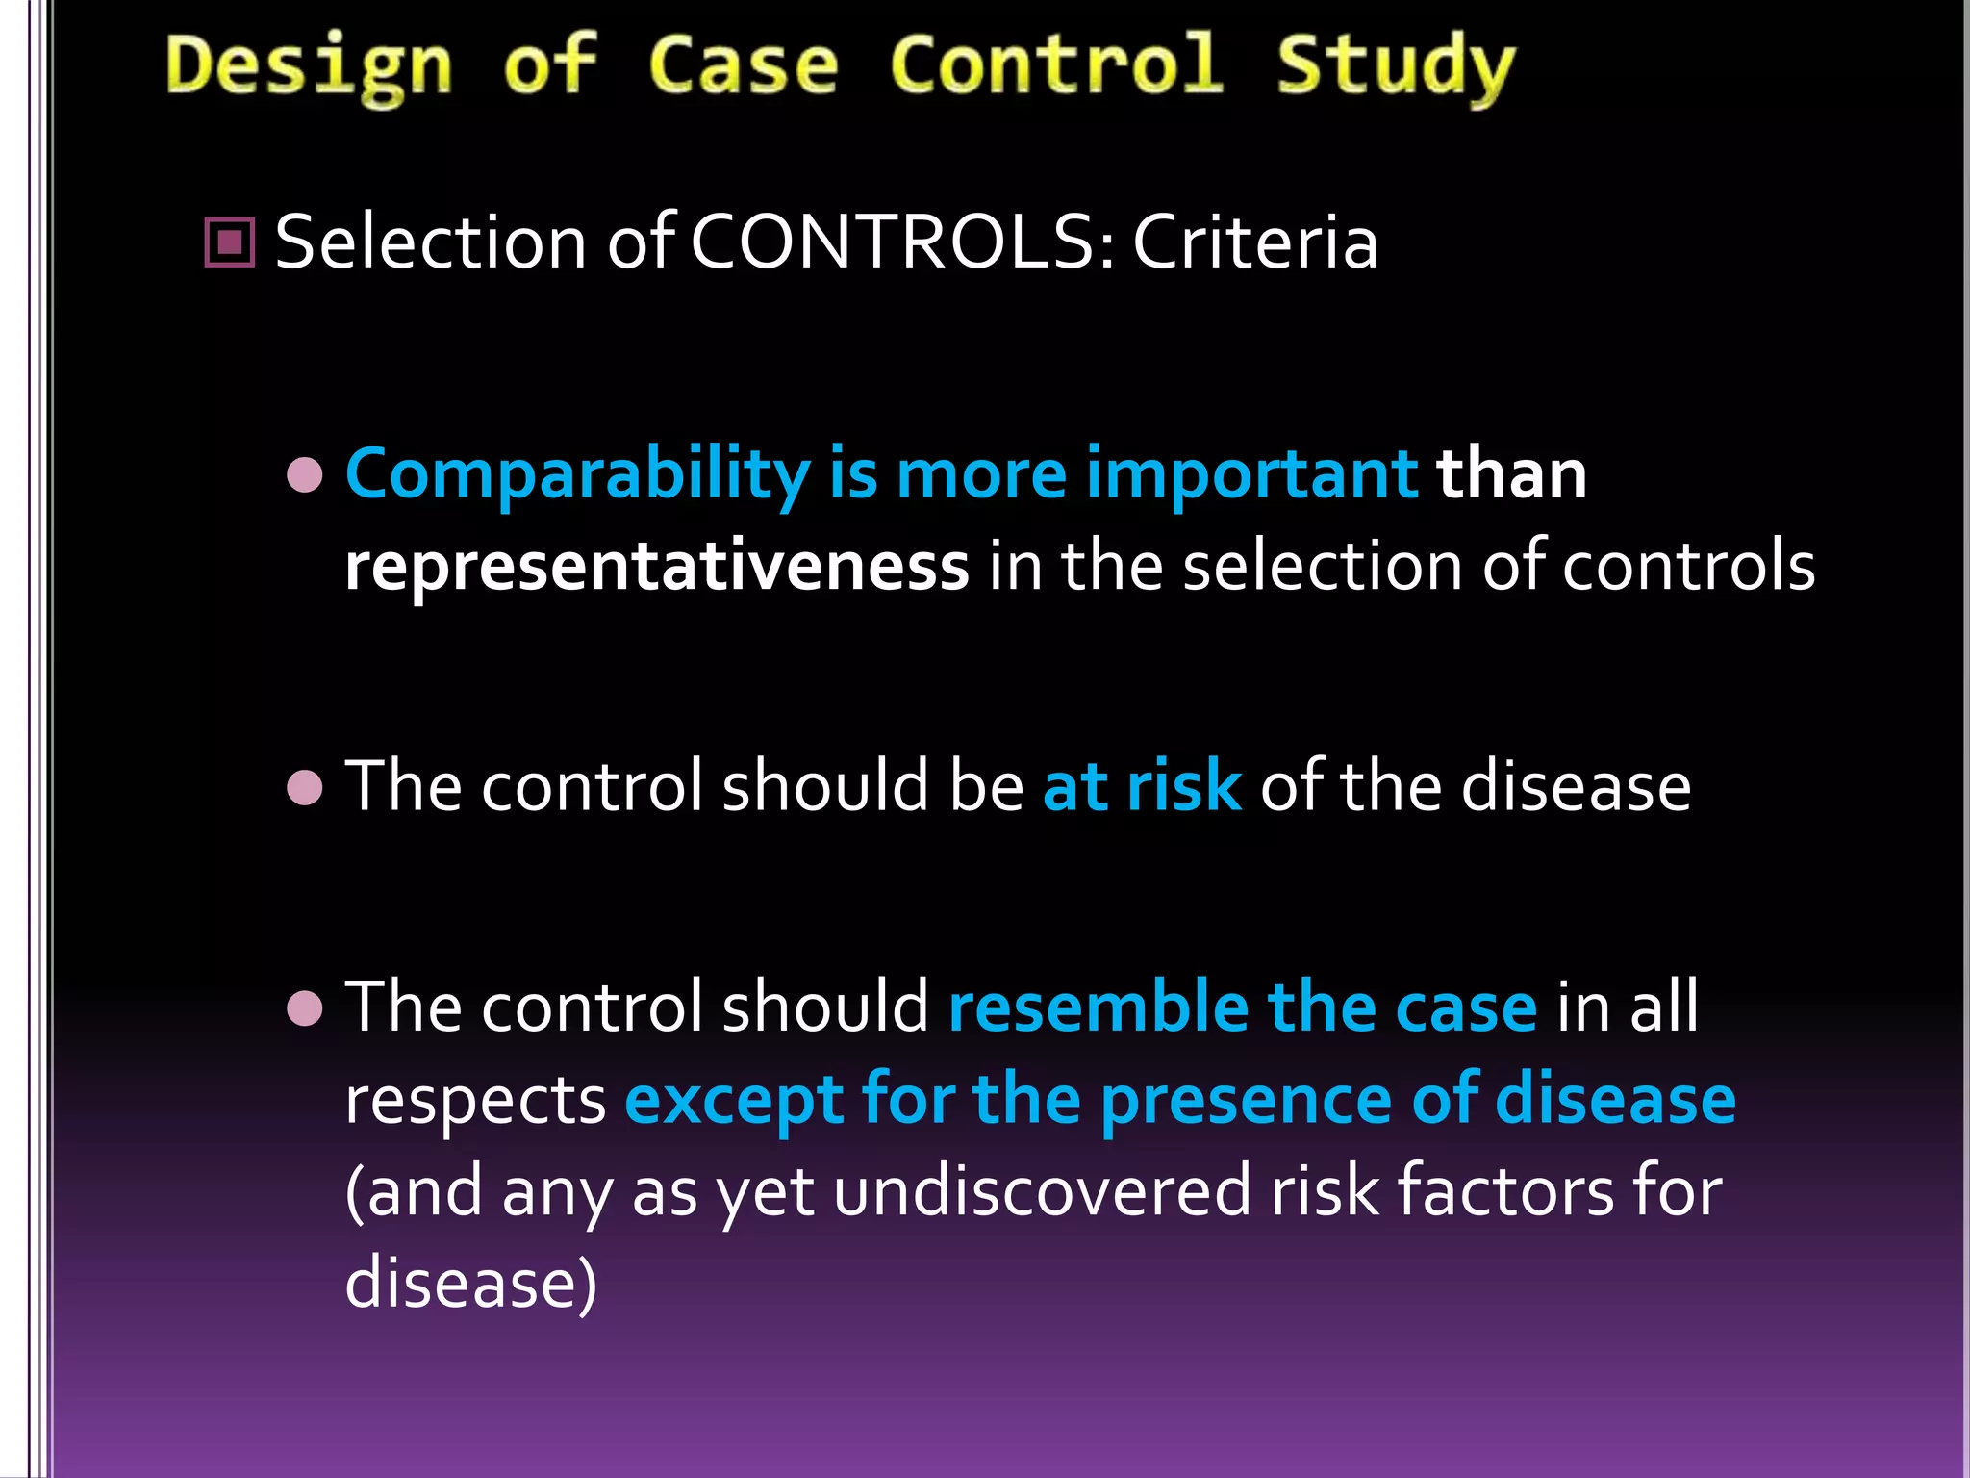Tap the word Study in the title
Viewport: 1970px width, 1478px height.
[1395, 67]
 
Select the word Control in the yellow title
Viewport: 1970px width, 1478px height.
[1056, 65]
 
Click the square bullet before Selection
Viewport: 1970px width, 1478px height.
[230, 242]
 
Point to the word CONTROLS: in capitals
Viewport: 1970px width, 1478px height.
[902, 242]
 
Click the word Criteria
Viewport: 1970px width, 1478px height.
[1254, 242]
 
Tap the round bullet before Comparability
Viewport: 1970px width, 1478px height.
[305, 475]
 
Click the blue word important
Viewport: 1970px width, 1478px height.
[1251, 475]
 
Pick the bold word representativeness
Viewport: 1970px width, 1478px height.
[657, 567]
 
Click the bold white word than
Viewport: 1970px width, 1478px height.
[1511, 475]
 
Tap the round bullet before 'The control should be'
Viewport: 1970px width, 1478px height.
[305, 787]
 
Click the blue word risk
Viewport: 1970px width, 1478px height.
[1184, 787]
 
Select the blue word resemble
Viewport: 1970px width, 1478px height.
[1098, 1007]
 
